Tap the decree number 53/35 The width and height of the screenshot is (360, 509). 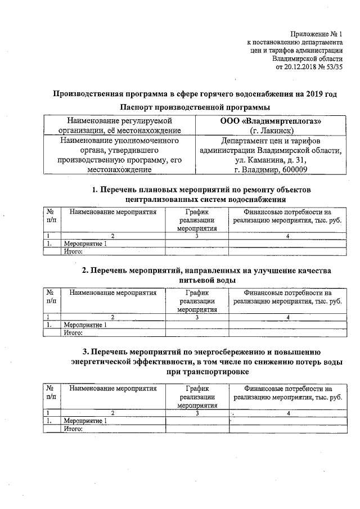(x=333, y=67)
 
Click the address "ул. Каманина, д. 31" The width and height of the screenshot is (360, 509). (x=270, y=159)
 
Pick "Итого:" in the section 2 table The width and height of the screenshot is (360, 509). (x=74, y=332)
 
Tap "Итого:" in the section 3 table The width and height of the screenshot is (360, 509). (x=74, y=429)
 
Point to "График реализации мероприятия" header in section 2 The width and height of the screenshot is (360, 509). (x=197, y=301)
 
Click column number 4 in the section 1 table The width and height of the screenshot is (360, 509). (x=287, y=236)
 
